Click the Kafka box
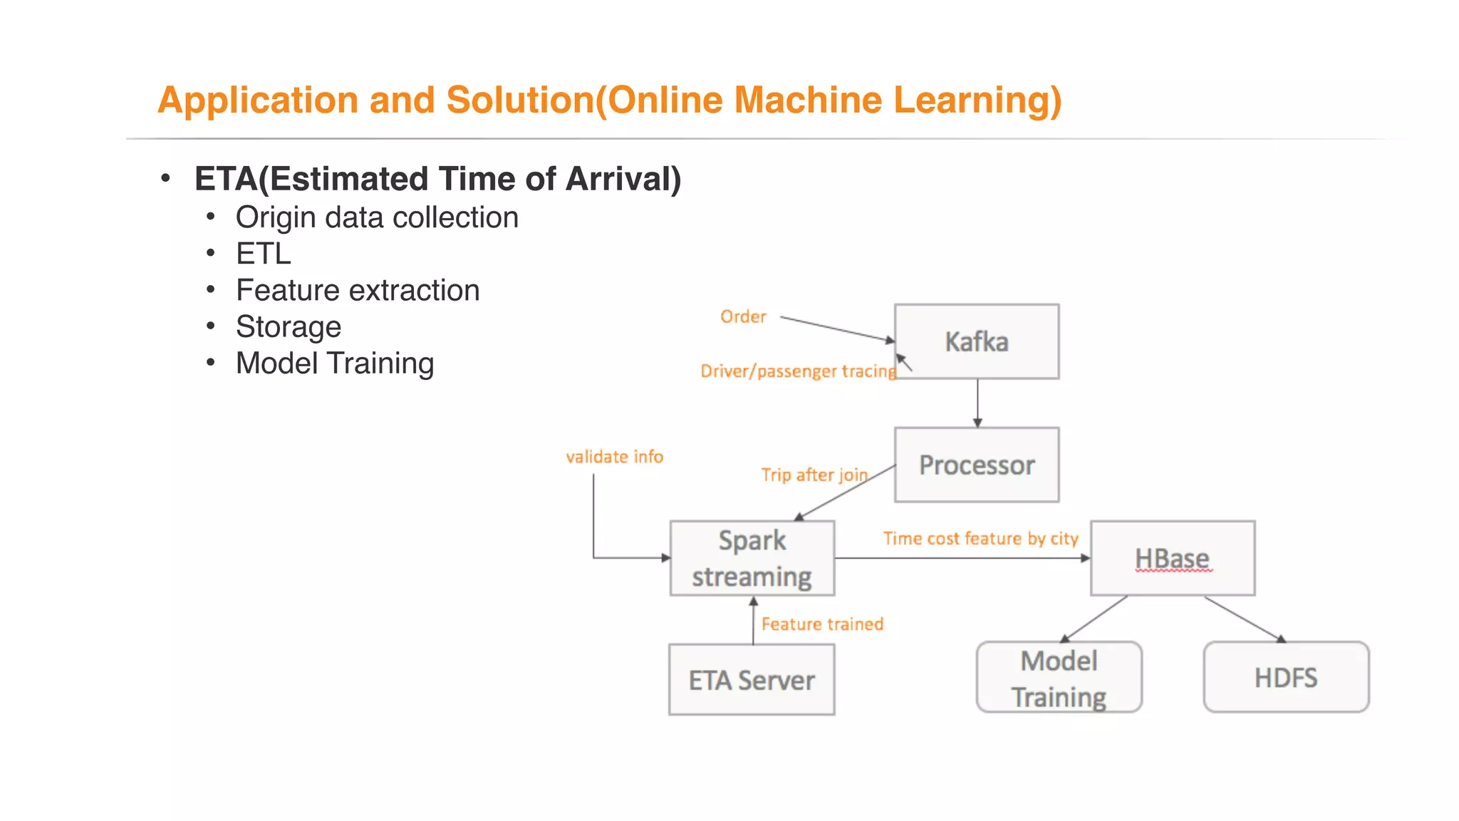coord(976,341)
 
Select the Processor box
coord(976,465)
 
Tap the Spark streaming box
coord(752,558)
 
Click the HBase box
coord(1172,558)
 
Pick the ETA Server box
coord(752,680)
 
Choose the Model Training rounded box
coord(1059,677)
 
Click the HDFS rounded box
coord(1286,677)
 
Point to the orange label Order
coord(743,316)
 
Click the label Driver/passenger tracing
coord(798,371)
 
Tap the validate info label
coord(614,457)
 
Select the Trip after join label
coord(814,475)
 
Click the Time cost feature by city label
coord(980,539)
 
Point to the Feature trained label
coord(822,624)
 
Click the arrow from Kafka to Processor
coord(977,403)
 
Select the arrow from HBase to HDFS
coord(1244,619)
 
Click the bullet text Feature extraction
coord(358,291)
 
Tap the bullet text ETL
coord(264,254)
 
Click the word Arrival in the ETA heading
coord(623,179)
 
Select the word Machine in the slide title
coord(808,100)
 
